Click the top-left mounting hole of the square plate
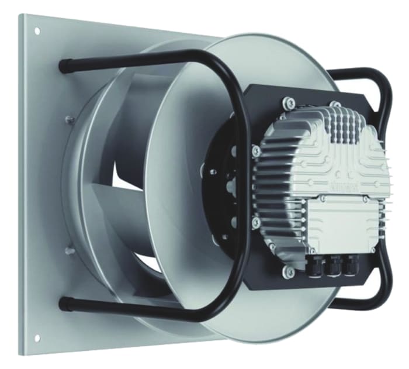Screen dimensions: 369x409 pos(37,30)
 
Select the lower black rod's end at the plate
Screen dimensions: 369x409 pos(63,303)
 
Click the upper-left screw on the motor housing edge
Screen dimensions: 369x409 pos(255,151)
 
